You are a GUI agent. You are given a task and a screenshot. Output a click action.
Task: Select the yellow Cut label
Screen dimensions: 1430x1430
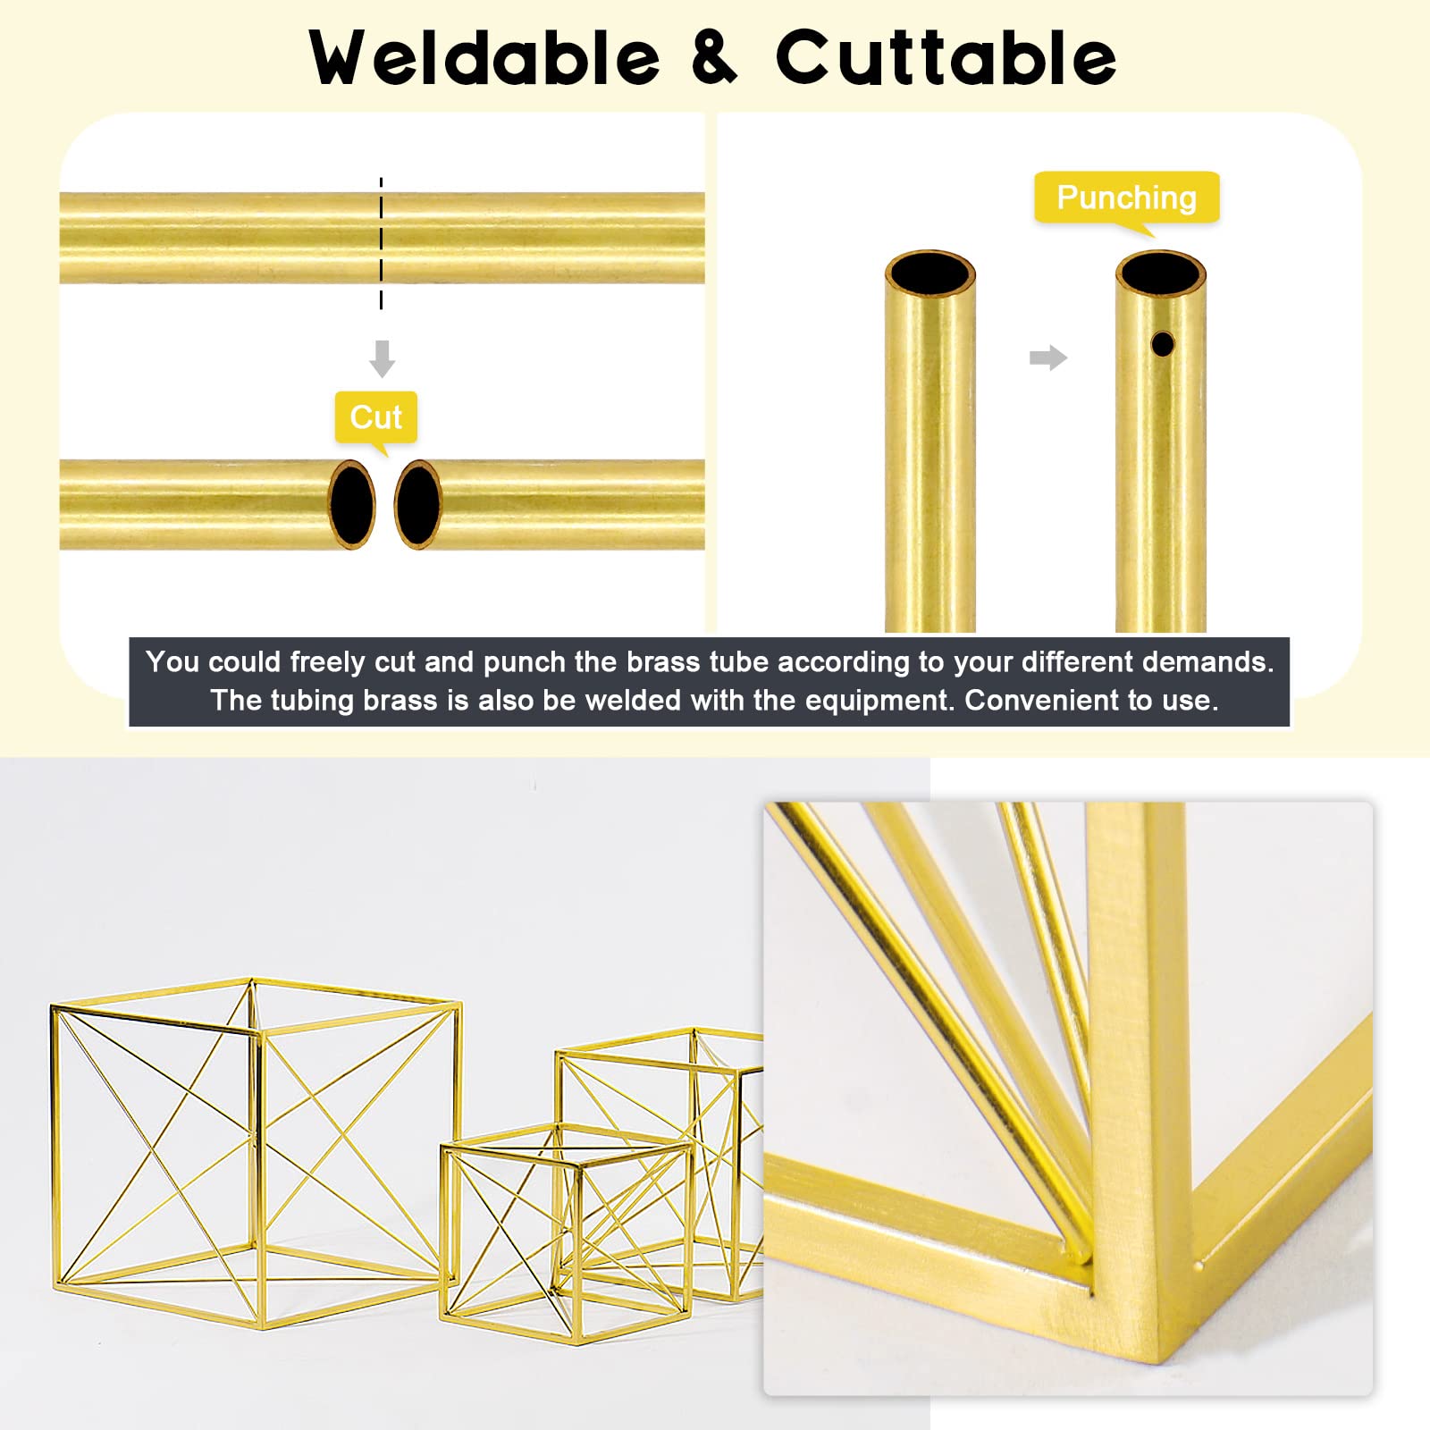pos(376,418)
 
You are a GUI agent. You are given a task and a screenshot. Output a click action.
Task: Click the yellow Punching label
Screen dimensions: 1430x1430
pos(1127,198)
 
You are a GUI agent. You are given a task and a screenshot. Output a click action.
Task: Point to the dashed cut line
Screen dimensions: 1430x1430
pos(381,243)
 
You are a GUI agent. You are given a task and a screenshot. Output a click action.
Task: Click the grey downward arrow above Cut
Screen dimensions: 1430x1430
pos(382,357)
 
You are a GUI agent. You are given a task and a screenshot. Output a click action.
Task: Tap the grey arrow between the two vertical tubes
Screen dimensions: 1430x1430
pos(1048,357)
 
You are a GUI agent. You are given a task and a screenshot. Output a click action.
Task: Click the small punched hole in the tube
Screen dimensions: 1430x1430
pos(1162,343)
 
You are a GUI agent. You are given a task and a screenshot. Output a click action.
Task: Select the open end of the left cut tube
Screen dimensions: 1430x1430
pos(352,504)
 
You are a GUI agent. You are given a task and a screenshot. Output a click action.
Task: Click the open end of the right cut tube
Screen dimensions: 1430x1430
pos(418,504)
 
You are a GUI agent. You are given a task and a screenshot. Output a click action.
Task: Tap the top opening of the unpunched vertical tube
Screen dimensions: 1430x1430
pos(929,272)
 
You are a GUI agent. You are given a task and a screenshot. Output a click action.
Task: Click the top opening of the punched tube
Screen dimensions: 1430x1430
pos(1161,272)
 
